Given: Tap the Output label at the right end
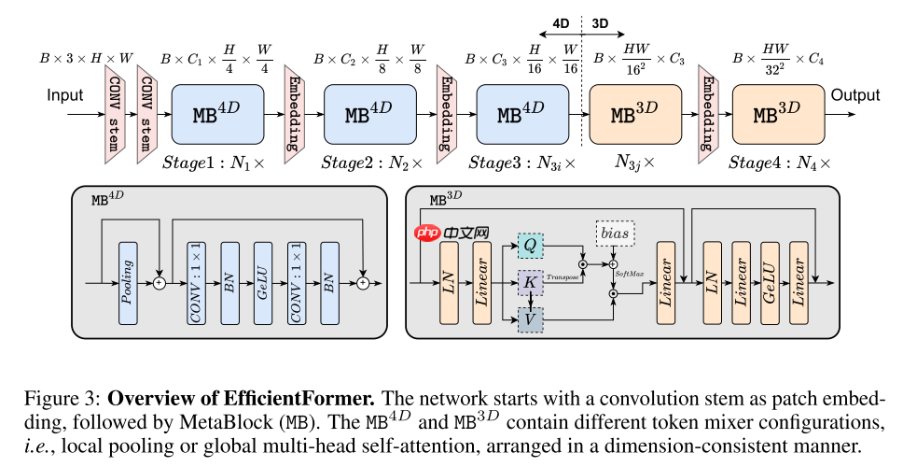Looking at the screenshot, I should [x=855, y=95].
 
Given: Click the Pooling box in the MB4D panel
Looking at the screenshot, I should [x=128, y=282].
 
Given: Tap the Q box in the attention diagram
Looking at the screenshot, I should [x=530, y=245].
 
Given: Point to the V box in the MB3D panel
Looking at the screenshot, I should [x=530, y=318].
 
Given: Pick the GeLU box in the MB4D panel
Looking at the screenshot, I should [x=261, y=282].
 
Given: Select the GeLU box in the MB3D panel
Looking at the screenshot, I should [x=770, y=282].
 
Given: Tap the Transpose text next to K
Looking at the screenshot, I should [x=563, y=277].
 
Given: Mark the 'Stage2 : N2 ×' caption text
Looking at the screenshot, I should [x=371, y=163].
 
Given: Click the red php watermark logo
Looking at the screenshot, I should [x=428, y=234].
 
